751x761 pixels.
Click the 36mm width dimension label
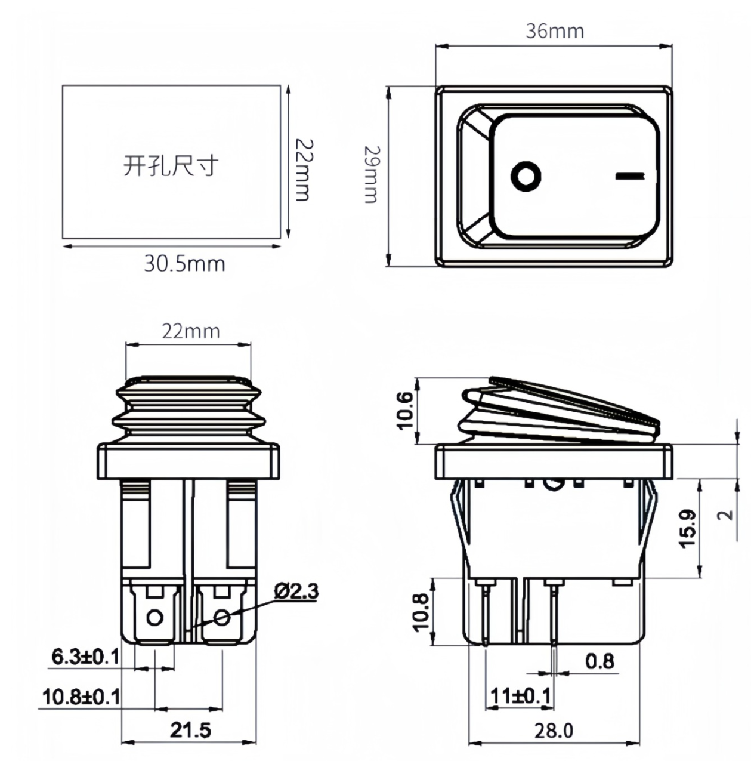(x=554, y=31)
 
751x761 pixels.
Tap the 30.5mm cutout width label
(x=184, y=263)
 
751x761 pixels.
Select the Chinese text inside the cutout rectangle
(x=171, y=165)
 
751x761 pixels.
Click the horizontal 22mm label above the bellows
(x=190, y=331)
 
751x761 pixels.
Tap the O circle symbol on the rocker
(x=526, y=177)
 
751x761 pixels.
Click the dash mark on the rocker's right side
(x=629, y=176)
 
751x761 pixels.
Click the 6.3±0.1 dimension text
(x=85, y=657)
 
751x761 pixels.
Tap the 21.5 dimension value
(x=190, y=730)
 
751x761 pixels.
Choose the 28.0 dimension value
(x=553, y=730)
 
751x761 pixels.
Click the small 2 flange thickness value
(x=725, y=514)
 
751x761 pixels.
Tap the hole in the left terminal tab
(x=154, y=617)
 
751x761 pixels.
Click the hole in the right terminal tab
(x=222, y=617)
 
